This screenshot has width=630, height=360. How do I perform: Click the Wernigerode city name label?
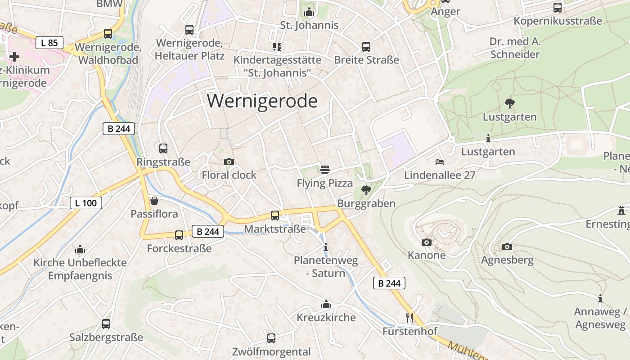click(x=262, y=101)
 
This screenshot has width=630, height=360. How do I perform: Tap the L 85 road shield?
click(x=49, y=43)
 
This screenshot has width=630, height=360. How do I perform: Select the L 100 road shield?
click(x=86, y=203)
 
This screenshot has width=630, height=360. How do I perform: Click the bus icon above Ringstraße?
click(x=163, y=148)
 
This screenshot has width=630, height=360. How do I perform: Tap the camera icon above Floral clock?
click(x=229, y=162)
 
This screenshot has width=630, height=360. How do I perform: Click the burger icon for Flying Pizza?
click(x=325, y=170)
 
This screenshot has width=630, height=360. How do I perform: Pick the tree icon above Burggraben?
click(x=366, y=190)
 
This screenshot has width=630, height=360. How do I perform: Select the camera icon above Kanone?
click(x=426, y=242)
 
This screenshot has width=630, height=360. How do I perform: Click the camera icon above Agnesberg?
click(x=507, y=247)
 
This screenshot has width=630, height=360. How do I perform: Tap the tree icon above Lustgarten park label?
click(x=509, y=103)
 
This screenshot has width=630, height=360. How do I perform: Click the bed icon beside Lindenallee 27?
click(x=440, y=162)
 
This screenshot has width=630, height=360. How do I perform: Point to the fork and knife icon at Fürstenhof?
click(x=409, y=318)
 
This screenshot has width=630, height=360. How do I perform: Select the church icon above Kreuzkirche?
click(x=326, y=304)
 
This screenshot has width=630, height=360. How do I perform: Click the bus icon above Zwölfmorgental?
click(x=271, y=338)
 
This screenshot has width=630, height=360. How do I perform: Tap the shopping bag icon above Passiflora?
click(x=154, y=201)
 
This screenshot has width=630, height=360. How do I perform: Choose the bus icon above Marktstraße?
click(x=274, y=216)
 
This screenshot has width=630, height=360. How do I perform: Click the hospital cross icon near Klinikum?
click(x=14, y=56)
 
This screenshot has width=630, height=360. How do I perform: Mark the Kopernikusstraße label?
click(x=558, y=21)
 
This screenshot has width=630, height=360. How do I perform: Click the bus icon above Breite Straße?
click(x=366, y=46)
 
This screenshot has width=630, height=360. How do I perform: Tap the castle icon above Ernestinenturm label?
click(x=621, y=210)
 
